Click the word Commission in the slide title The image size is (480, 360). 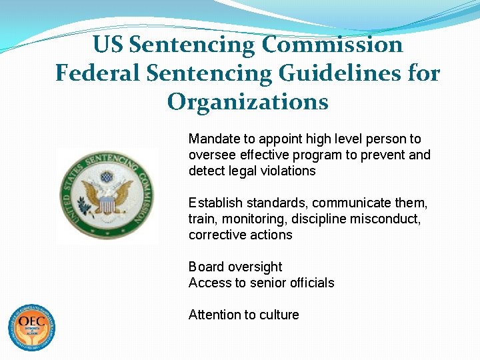[333, 45]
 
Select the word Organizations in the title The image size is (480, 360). [248, 101]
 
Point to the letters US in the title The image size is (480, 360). [108, 45]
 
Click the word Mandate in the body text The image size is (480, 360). [212, 139]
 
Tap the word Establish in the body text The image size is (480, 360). [213, 203]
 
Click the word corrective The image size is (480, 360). [215, 235]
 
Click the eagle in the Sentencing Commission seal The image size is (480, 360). [106, 193]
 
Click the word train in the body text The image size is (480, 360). [202, 219]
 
